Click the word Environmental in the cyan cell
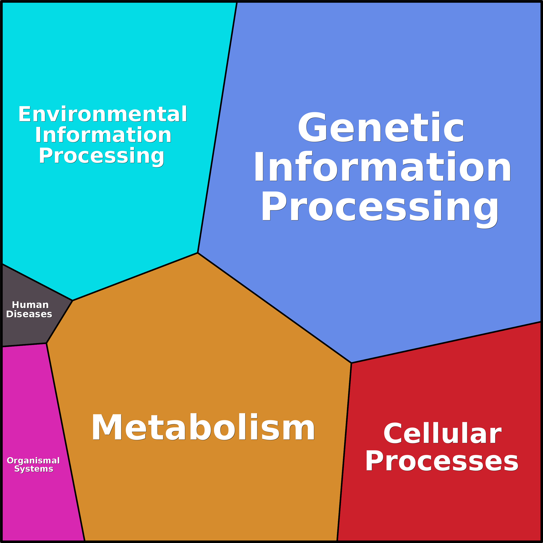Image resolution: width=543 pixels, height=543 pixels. coord(103,114)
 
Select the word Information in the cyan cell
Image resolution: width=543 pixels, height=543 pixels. coord(103,135)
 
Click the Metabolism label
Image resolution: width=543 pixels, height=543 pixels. coord(203,427)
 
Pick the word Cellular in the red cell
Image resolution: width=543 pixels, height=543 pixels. coord(442,433)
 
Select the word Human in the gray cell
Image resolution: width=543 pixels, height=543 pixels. coord(30,305)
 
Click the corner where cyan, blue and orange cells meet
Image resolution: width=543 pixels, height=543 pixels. coord(198,253)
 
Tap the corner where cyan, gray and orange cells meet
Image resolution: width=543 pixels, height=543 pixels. coord(72,300)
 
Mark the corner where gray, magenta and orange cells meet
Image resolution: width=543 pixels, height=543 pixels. coord(46,343)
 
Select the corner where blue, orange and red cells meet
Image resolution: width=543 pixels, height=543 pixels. coord(351,363)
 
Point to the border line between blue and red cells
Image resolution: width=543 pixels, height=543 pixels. coord(447,342)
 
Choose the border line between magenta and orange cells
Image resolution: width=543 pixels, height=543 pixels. coord(65,441)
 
